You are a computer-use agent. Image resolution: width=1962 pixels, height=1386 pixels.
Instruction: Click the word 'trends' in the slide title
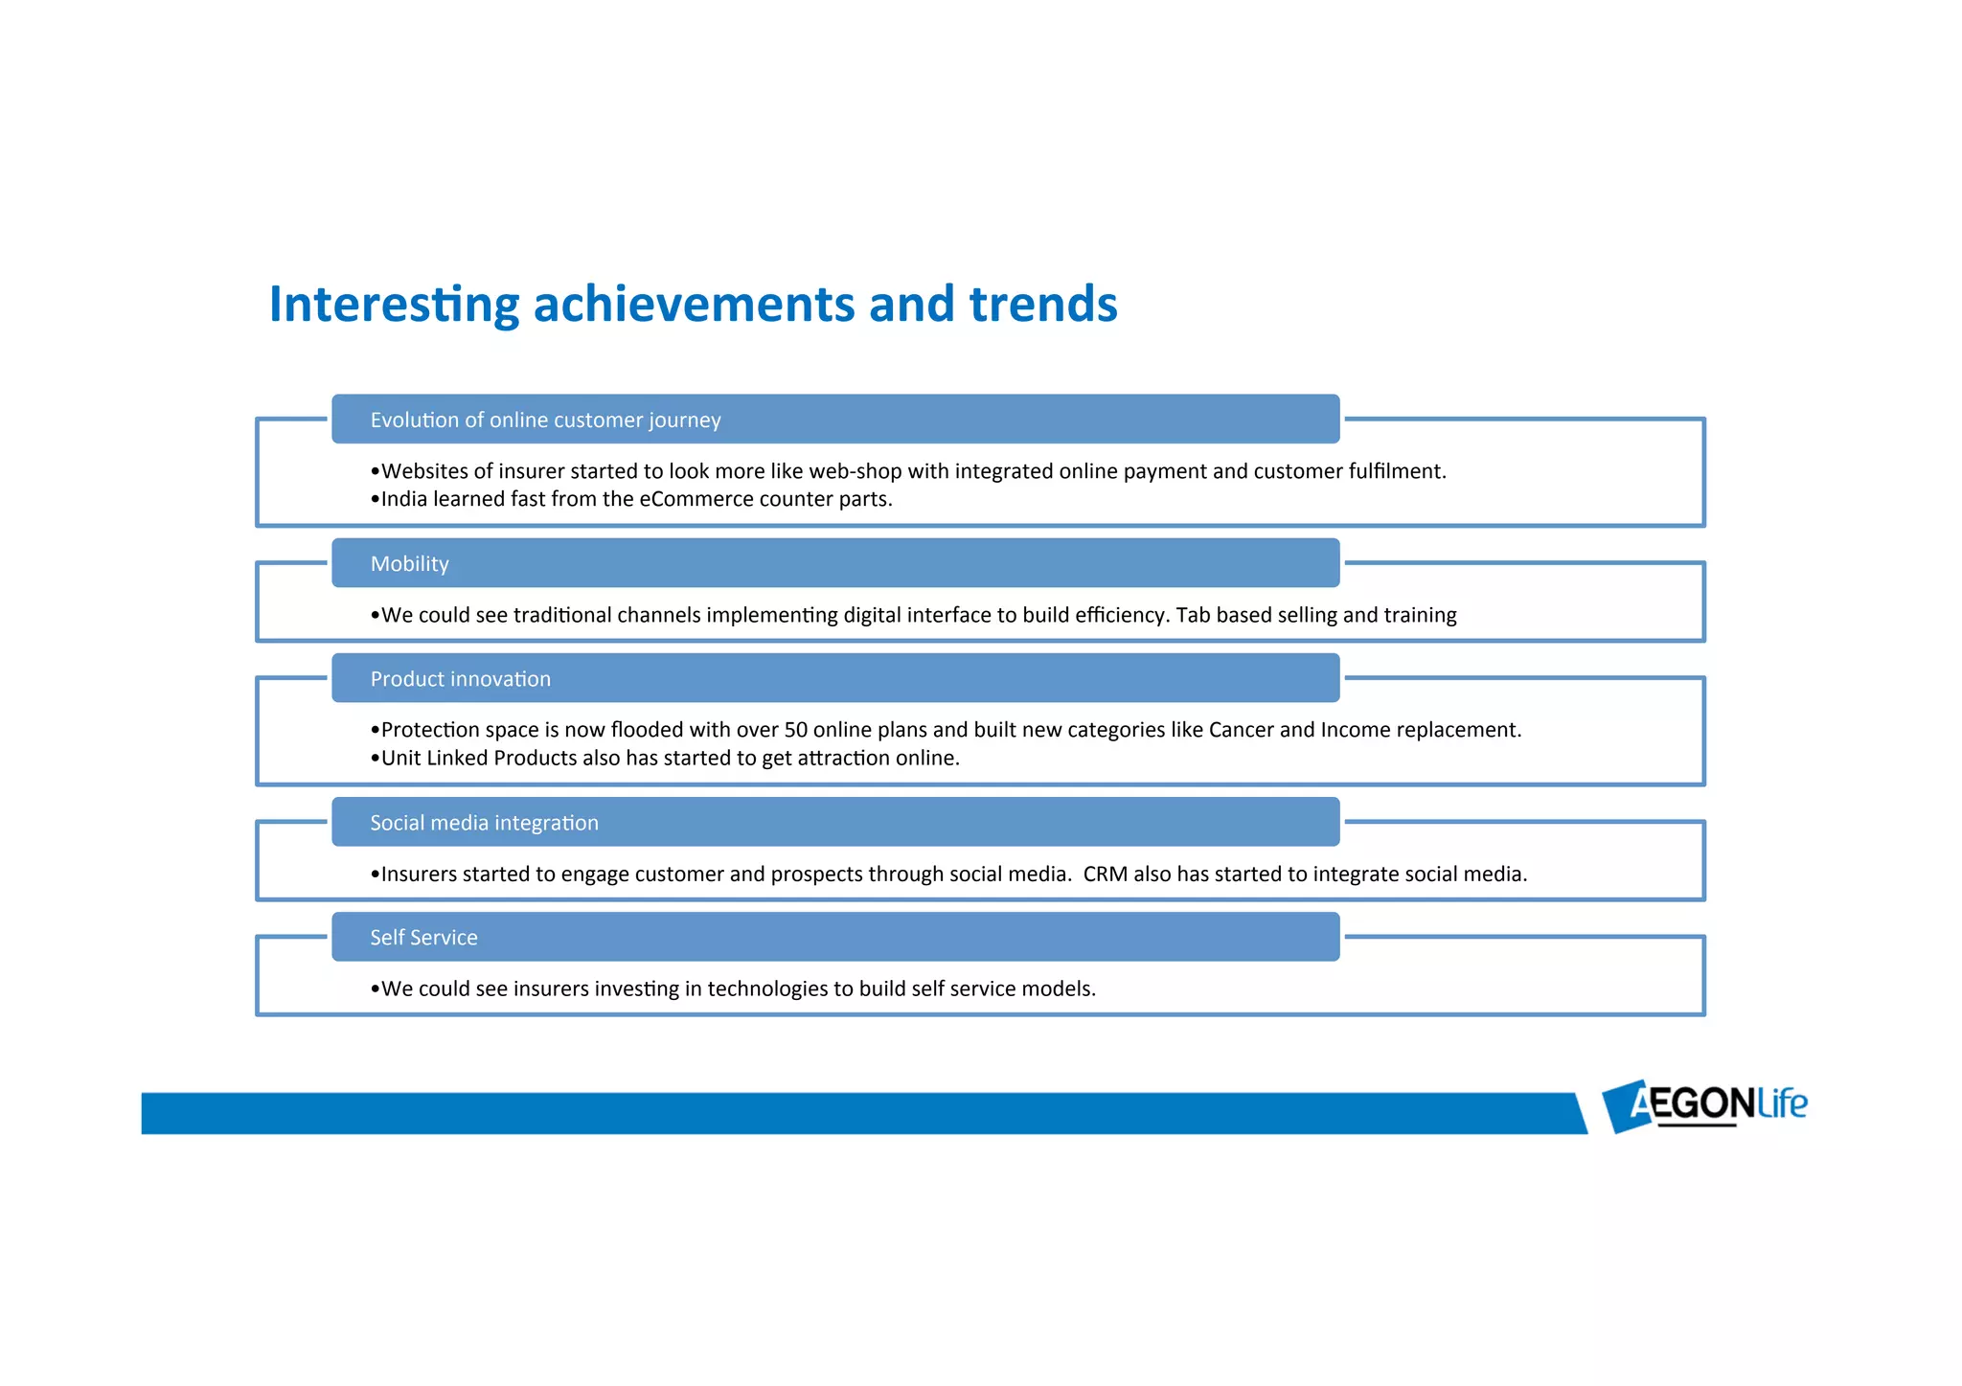click(1042, 305)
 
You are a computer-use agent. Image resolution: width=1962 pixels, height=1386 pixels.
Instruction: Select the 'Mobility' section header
click(409, 564)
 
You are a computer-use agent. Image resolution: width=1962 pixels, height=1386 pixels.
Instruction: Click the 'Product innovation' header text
click(460, 679)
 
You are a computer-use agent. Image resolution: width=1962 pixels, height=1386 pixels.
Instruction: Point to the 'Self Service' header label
click(423, 938)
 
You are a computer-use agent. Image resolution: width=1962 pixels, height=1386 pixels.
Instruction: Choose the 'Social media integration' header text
click(484, 823)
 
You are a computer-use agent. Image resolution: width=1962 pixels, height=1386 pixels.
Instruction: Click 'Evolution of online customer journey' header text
click(545, 420)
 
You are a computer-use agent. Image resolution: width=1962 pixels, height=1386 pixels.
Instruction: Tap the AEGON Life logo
click(1704, 1104)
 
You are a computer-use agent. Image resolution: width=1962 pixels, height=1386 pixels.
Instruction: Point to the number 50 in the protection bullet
click(795, 730)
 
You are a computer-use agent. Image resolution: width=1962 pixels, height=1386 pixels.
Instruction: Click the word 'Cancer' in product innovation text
click(1241, 730)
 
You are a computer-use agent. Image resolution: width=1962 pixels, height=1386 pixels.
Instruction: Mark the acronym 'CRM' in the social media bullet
click(1105, 874)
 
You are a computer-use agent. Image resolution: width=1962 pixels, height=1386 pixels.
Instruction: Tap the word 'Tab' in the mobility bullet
click(1193, 615)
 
